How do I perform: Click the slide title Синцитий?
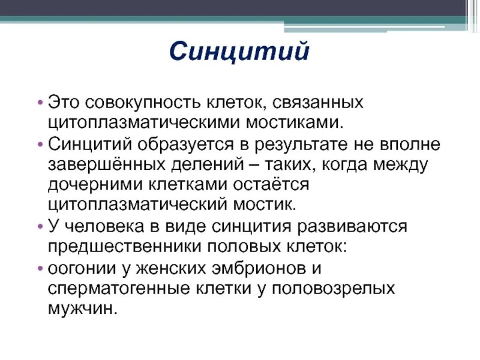(239, 52)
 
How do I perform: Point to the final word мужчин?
(81, 308)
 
